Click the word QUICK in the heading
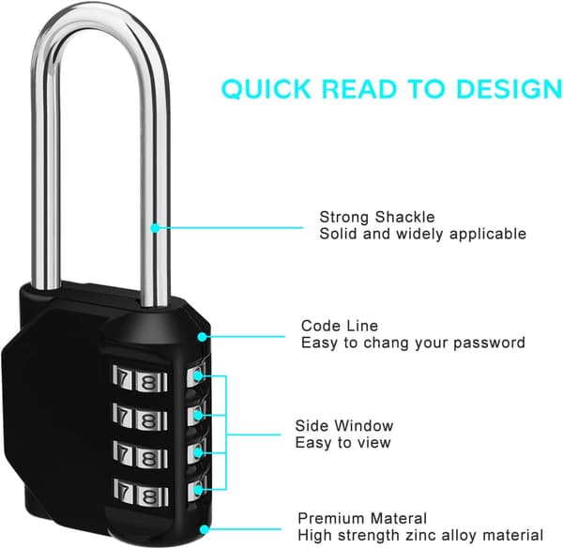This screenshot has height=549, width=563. [266, 89]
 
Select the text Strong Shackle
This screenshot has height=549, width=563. [377, 217]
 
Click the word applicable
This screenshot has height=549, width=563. [488, 234]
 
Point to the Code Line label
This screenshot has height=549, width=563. [340, 326]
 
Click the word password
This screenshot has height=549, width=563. [489, 343]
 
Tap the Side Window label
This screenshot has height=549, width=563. [344, 426]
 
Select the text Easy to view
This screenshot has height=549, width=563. [342, 443]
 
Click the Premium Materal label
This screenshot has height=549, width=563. [362, 518]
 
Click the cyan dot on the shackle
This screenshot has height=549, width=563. [155, 228]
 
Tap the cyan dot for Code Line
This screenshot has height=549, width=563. [202, 337]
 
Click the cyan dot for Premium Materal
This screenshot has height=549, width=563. [205, 529]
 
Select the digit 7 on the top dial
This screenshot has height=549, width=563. [123, 378]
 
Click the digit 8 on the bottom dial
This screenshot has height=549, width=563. [148, 497]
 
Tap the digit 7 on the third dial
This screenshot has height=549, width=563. [124, 454]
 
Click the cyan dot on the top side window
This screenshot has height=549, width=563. [198, 376]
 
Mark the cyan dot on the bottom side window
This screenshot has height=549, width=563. [198, 490]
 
